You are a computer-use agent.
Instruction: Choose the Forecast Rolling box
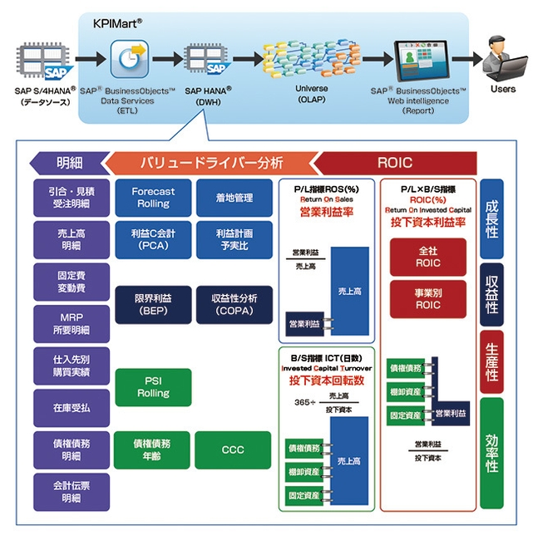click(152, 198)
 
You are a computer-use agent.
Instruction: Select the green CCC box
click(233, 449)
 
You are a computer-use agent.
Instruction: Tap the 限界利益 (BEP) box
click(152, 304)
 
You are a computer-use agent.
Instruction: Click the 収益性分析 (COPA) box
click(233, 304)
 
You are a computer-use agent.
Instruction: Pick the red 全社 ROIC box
click(427, 257)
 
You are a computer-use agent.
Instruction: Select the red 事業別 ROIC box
click(427, 299)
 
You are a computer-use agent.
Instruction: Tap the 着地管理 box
click(233, 198)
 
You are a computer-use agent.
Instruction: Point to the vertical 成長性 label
click(492, 218)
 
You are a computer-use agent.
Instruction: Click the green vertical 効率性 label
click(492, 454)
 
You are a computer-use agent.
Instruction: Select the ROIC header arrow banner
click(393, 163)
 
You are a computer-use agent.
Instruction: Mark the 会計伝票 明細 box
click(71, 492)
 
